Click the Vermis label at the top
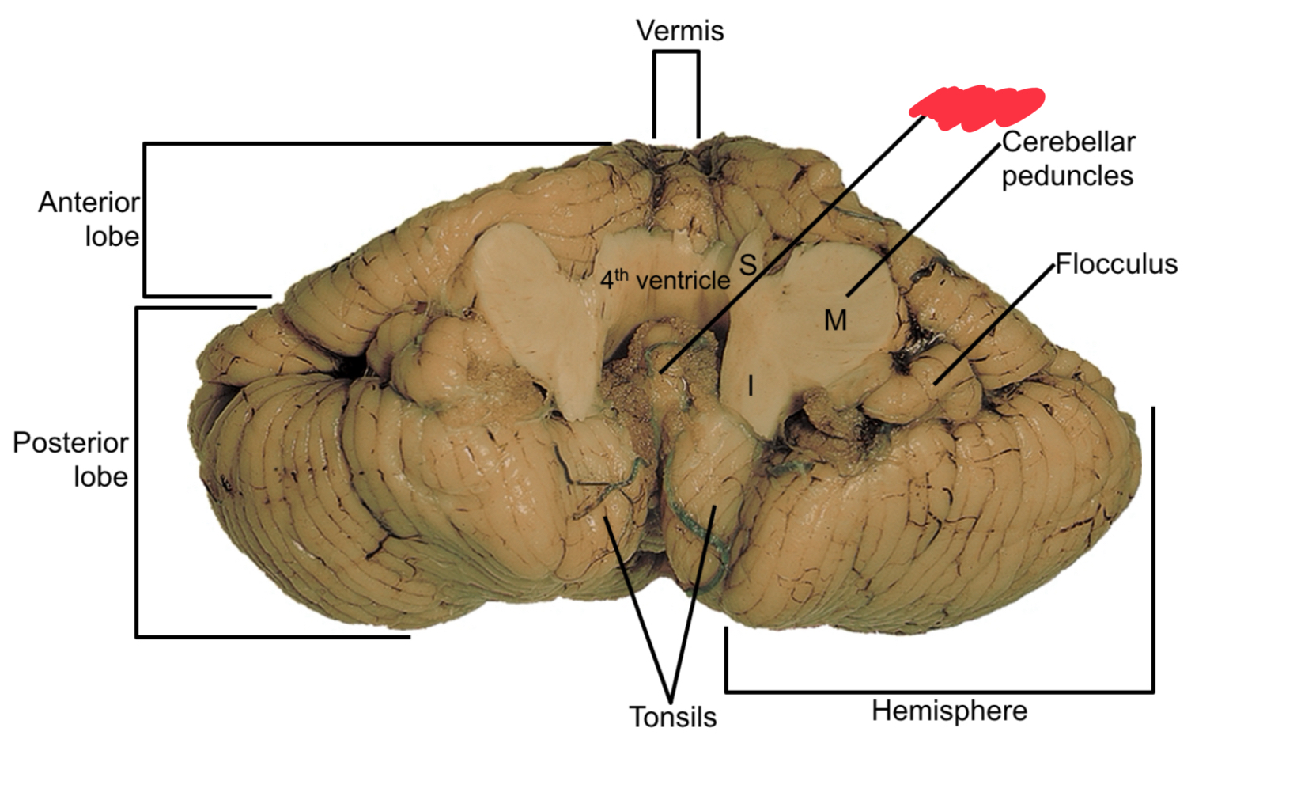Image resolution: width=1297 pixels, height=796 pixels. point(679,31)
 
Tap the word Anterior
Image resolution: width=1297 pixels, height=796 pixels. point(89,203)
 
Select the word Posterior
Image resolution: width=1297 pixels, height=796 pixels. point(70,442)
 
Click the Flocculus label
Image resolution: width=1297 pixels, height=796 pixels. point(1116,264)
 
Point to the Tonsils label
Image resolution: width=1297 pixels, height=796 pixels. point(673,717)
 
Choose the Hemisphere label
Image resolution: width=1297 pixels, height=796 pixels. point(949,711)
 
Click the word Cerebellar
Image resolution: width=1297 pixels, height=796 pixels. point(1068,142)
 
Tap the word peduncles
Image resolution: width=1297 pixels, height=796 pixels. point(1067,176)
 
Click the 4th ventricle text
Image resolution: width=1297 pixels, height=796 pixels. point(664,279)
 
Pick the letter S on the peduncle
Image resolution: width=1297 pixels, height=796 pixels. point(747,264)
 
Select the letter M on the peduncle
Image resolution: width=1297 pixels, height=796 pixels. point(835,320)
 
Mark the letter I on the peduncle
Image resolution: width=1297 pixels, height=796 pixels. point(751,386)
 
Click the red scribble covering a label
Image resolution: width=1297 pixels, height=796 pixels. point(977,106)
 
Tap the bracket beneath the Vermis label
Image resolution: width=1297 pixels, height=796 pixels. point(676,53)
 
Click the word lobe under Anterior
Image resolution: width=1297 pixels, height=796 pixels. point(112,237)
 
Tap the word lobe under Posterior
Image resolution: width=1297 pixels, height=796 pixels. point(100,476)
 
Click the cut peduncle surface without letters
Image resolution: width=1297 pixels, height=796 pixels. point(538,309)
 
